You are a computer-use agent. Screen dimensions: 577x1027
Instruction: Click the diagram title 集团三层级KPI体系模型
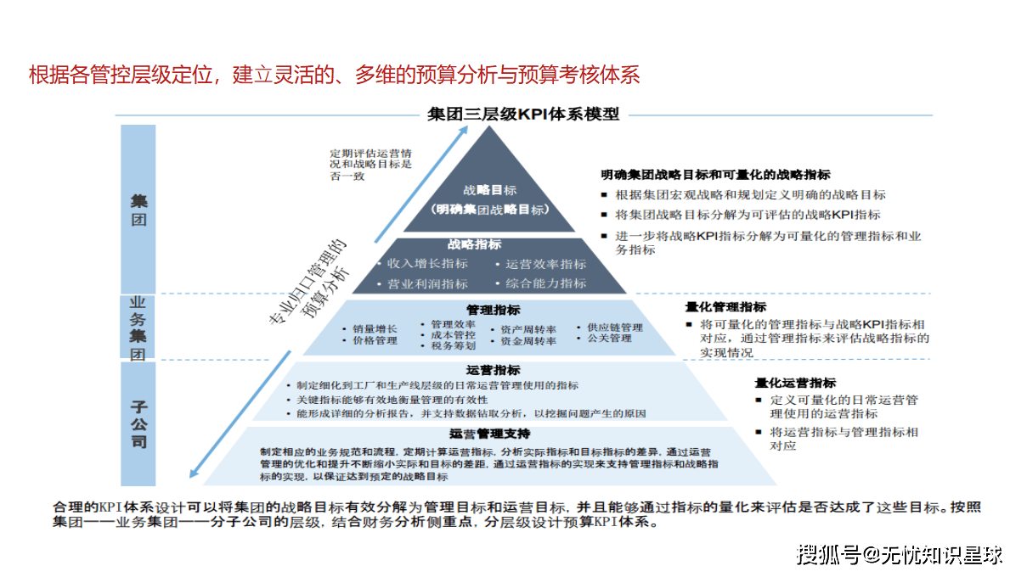[x=523, y=114]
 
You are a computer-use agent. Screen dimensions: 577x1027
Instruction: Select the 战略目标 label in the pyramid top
[x=489, y=190]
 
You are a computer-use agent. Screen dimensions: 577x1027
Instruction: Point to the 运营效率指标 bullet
[x=545, y=264]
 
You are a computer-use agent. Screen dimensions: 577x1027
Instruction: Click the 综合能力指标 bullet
[x=545, y=283]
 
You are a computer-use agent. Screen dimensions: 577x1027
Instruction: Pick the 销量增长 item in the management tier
[x=375, y=328]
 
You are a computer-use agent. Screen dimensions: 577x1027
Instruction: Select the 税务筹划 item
[x=453, y=345]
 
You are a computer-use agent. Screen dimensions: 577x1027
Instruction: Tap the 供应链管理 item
[x=614, y=328]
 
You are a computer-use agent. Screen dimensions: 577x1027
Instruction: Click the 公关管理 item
[x=609, y=339]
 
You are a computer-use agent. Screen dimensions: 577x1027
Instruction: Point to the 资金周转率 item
[x=528, y=341]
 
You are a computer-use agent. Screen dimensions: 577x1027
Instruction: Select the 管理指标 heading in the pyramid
[x=493, y=311]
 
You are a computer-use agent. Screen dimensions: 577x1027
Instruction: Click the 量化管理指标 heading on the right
[x=725, y=307]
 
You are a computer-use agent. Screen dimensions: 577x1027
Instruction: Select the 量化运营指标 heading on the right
[x=795, y=383]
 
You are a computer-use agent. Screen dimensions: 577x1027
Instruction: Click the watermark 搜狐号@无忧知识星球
[x=899, y=556]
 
